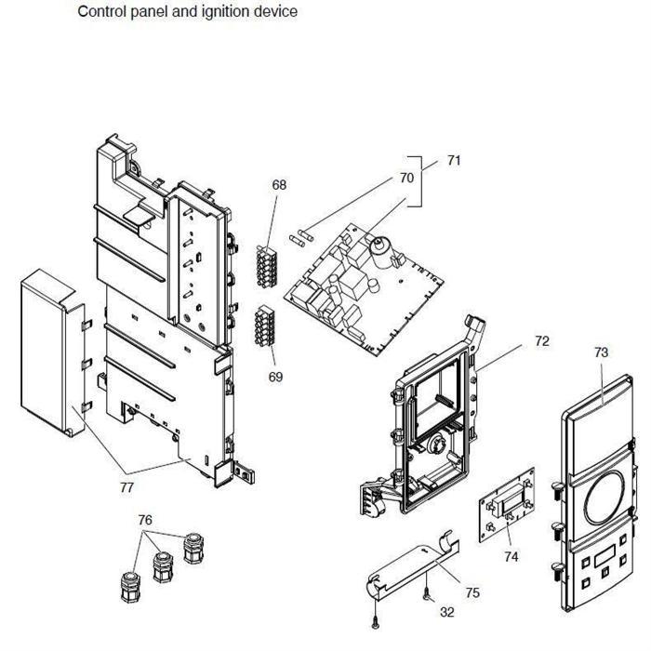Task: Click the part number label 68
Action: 279,185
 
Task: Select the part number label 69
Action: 277,377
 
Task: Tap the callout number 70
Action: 406,178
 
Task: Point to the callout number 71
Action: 454,161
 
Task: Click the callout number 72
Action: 541,341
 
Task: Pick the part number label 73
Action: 601,352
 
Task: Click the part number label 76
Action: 145,520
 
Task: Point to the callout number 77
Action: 126,486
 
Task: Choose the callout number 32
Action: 447,613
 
